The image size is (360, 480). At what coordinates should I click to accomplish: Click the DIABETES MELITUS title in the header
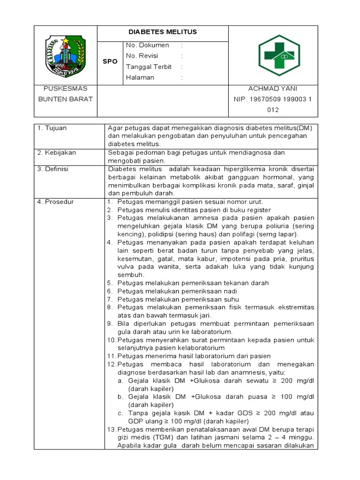pyautogui.click(x=163, y=32)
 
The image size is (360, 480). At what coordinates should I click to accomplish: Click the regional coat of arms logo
pyautogui.click(x=66, y=55)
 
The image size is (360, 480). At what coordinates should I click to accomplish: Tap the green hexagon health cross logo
pyautogui.click(x=279, y=55)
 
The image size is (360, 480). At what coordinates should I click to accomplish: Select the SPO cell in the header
pyautogui.click(x=110, y=61)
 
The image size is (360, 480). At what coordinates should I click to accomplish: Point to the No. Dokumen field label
pyautogui.click(x=148, y=45)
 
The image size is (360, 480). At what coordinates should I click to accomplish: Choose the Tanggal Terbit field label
pyautogui.click(x=149, y=67)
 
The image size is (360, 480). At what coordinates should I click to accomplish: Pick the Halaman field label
pyautogui.click(x=140, y=77)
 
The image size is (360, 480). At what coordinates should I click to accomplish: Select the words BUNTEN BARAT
pyautogui.click(x=65, y=99)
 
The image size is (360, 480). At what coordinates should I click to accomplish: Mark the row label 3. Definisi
pyautogui.click(x=53, y=169)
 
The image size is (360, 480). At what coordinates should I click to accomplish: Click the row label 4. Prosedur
pyautogui.click(x=55, y=202)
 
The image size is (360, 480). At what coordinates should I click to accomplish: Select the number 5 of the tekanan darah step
pyautogui.click(x=109, y=283)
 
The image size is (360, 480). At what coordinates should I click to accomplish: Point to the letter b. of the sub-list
pyautogui.click(x=120, y=397)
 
